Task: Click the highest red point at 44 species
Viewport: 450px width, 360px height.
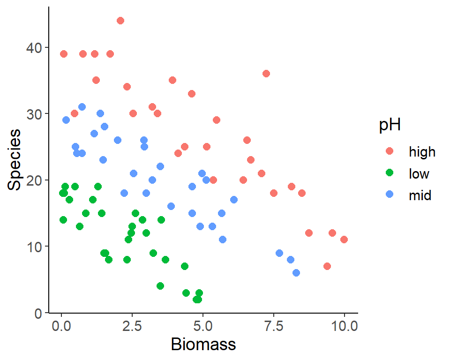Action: [x=120, y=21]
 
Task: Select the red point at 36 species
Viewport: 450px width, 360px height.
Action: [x=266, y=74]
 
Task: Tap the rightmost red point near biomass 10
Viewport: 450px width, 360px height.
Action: [x=344, y=240]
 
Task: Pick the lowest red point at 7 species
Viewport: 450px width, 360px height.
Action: [x=327, y=266]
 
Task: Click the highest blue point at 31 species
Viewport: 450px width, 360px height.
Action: [x=82, y=107]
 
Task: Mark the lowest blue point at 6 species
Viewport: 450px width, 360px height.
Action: [x=296, y=273]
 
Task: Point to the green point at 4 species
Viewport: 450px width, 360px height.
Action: [x=160, y=286]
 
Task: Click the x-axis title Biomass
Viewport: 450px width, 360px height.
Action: [x=203, y=345]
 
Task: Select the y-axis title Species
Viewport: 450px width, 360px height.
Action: [x=15, y=159]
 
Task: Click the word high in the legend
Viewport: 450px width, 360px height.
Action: [x=422, y=152]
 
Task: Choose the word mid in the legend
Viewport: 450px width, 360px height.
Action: [x=420, y=196]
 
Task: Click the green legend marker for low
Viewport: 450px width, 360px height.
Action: [x=390, y=174]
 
